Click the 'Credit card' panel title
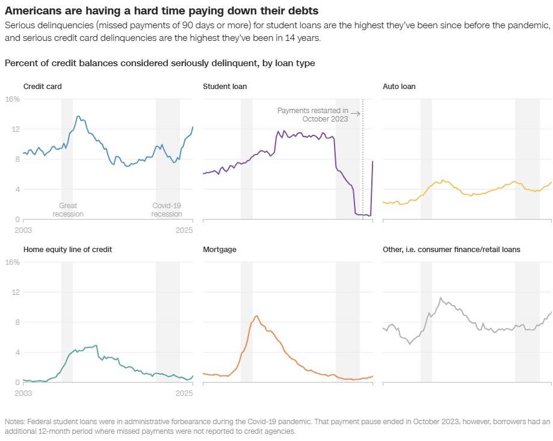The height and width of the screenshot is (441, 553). pyautogui.click(x=42, y=87)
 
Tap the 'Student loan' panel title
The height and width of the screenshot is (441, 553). pyautogui.click(x=225, y=87)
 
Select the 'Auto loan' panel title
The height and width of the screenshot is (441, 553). pyautogui.click(x=399, y=87)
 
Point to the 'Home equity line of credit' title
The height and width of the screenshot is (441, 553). pyautogui.click(x=67, y=249)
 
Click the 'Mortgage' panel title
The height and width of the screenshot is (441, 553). pyautogui.click(x=220, y=249)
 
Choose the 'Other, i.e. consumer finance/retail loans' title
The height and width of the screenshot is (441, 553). pyautogui.click(x=452, y=249)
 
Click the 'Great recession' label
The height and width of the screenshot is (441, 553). pyautogui.click(x=67, y=209)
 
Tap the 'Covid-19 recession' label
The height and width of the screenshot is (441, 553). pyautogui.click(x=167, y=209)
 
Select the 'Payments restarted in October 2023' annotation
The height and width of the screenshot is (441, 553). pyautogui.click(x=313, y=114)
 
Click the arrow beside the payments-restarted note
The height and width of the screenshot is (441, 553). pyautogui.click(x=356, y=113)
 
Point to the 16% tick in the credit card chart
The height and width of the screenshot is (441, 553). pyautogui.click(x=13, y=99)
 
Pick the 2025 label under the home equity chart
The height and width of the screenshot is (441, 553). pyautogui.click(x=184, y=393)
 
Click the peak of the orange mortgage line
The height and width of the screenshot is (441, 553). pyautogui.click(x=257, y=316)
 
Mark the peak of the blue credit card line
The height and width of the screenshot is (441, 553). pyautogui.click(x=78, y=116)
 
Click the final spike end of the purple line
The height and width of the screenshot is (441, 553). pyautogui.click(x=372, y=161)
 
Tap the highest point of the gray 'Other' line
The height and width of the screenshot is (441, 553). pyautogui.click(x=440, y=298)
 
